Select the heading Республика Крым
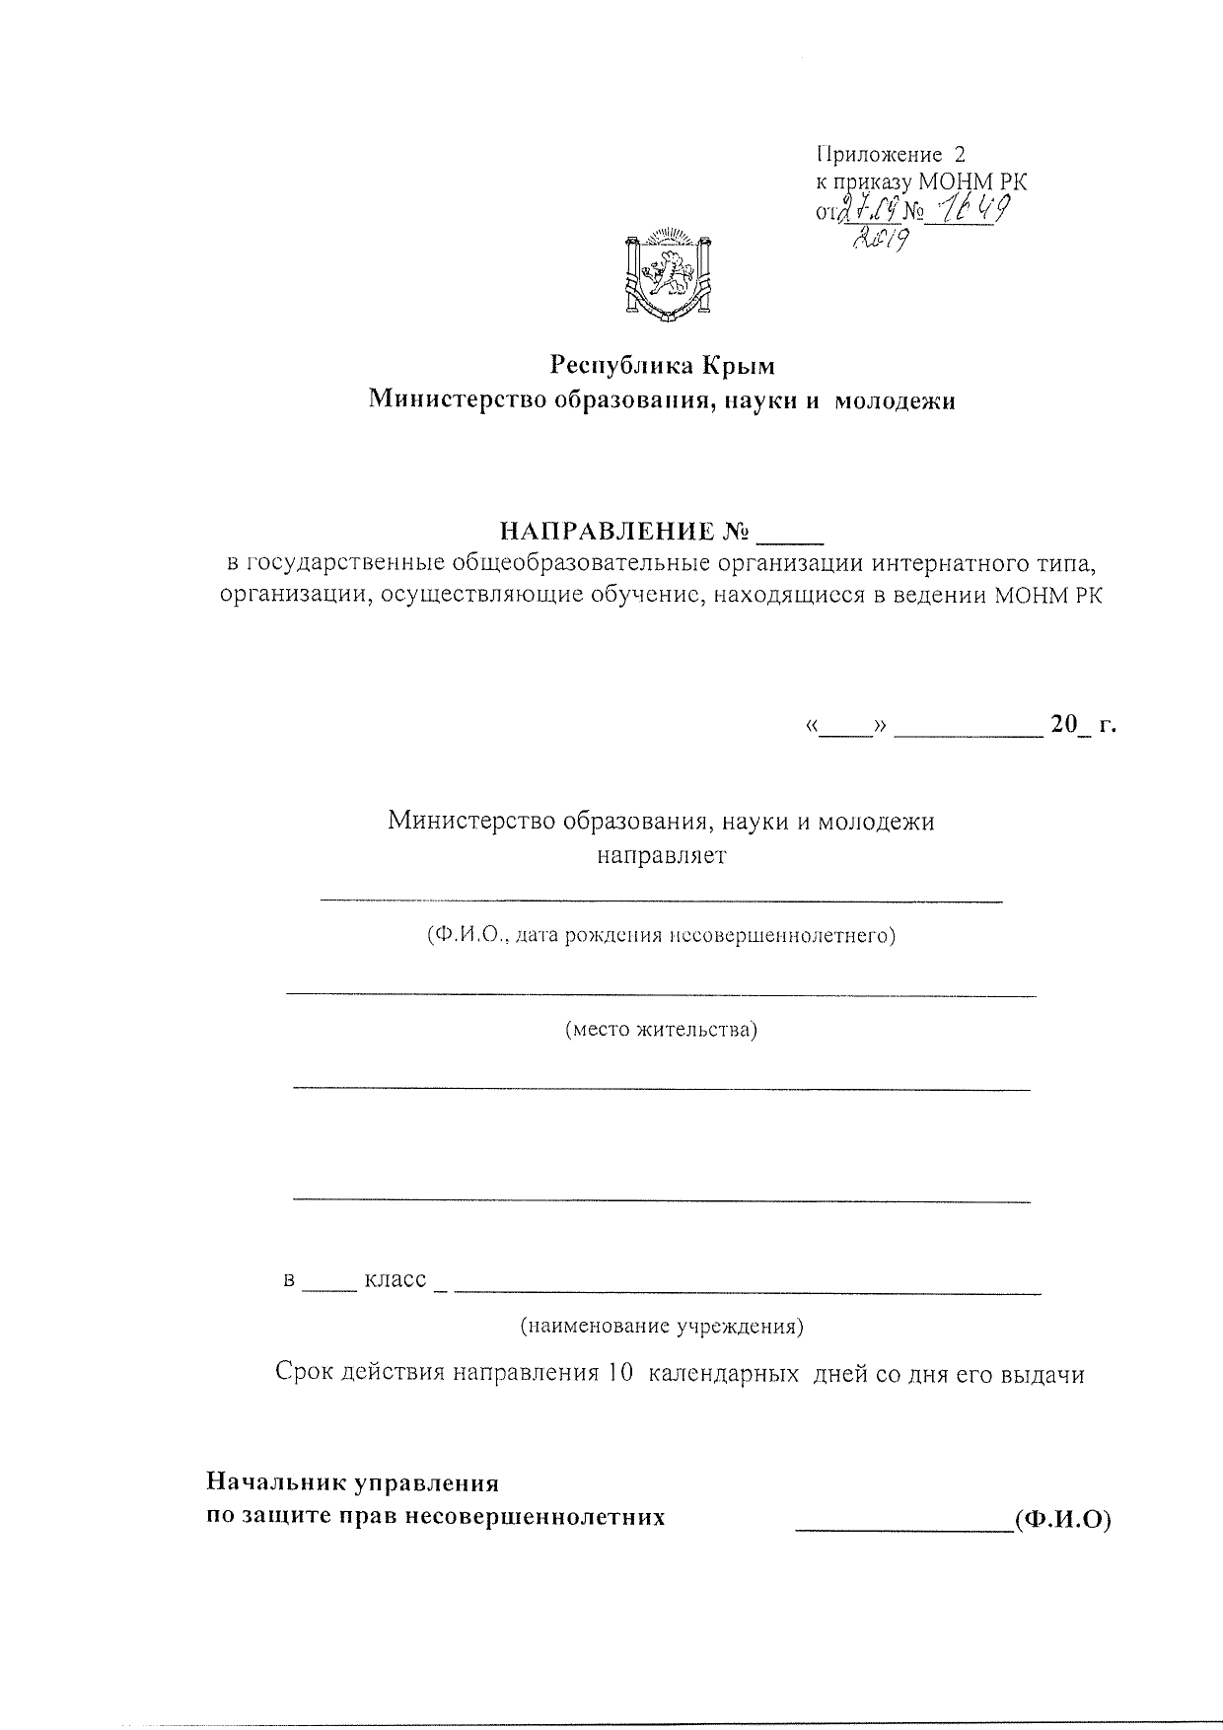pos(663,366)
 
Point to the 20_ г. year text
pos(1083,726)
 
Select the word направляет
pos(662,855)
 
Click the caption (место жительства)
pos(661,1031)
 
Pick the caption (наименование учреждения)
pos(662,1327)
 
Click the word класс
pos(396,1279)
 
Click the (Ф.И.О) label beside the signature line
pos(1063,1520)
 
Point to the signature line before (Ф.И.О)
pos(902,1530)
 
